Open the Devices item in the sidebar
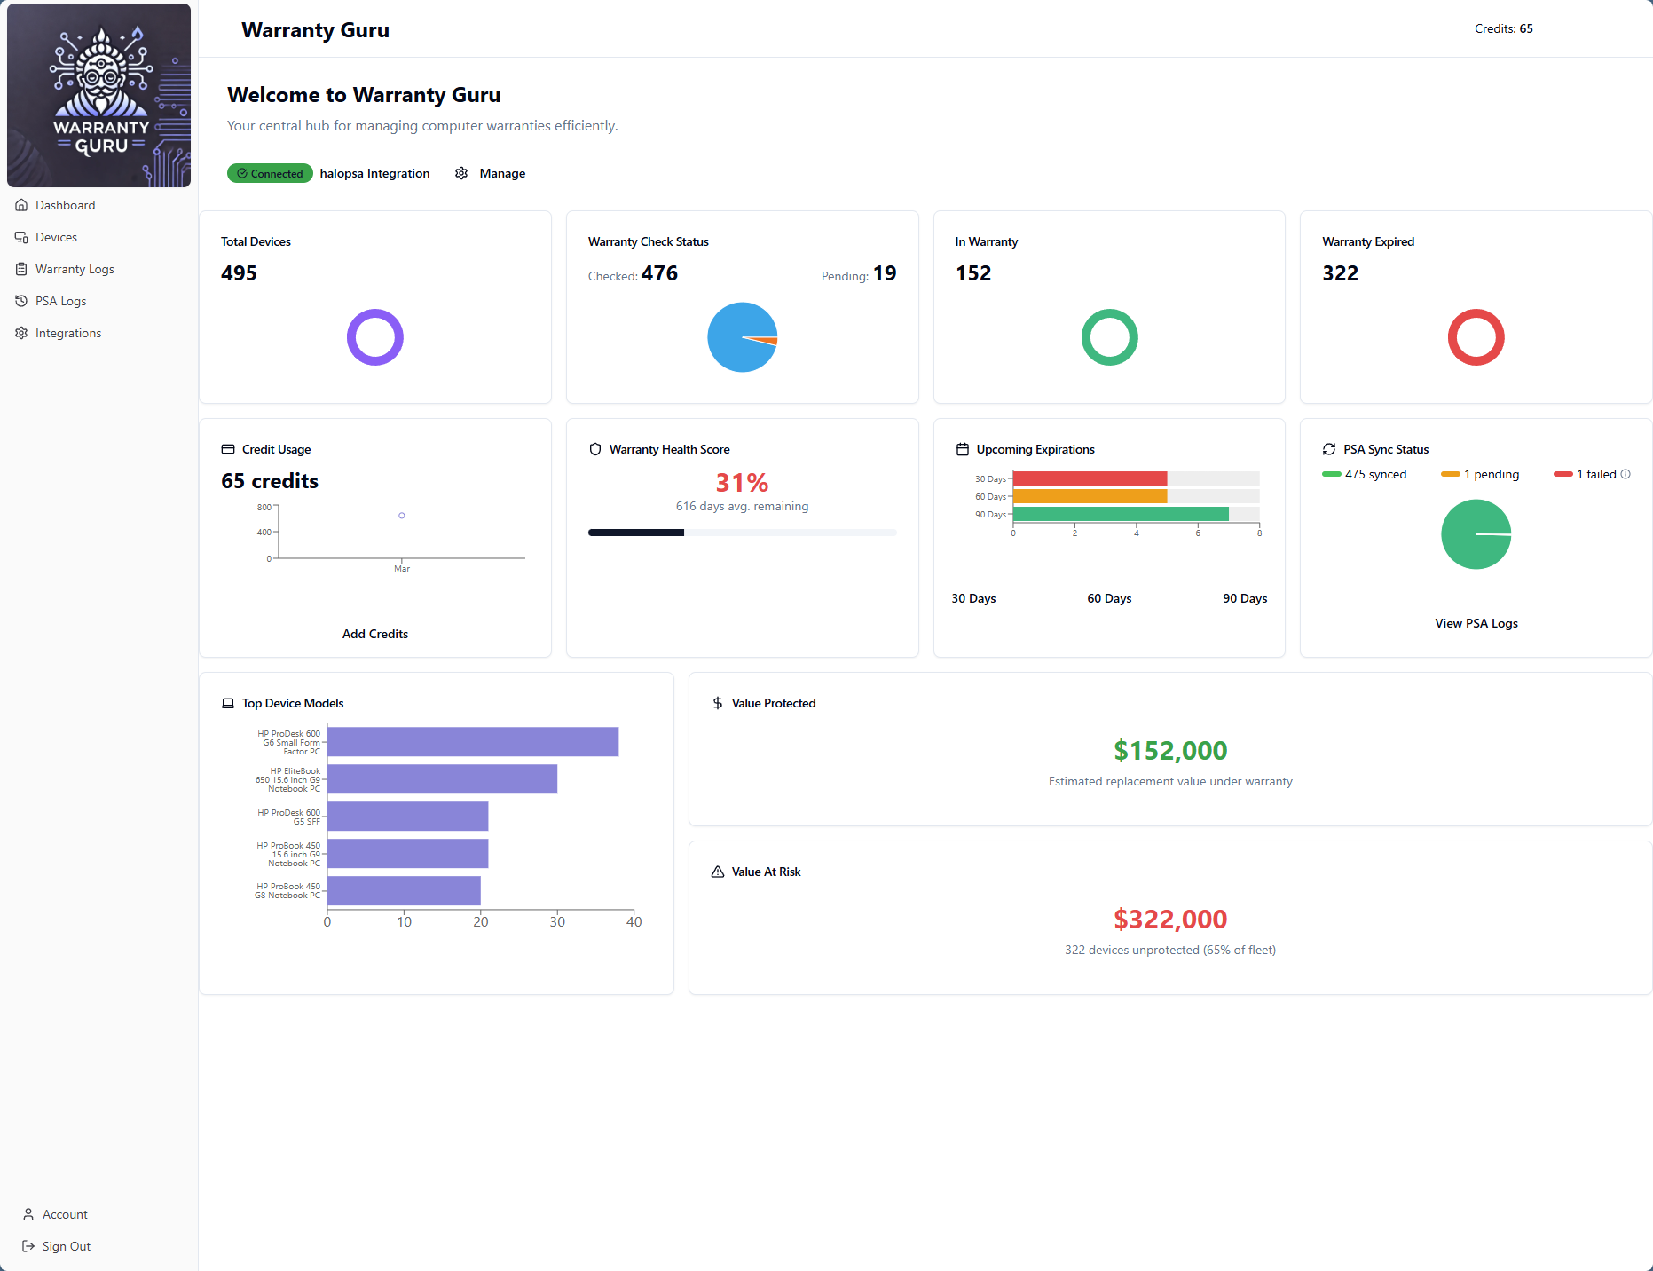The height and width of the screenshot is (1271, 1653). click(56, 237)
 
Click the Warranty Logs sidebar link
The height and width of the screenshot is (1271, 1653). click(75, 269)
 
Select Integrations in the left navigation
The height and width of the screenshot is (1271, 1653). click(67, 333)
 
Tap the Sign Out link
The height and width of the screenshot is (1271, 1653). click(66, 1246)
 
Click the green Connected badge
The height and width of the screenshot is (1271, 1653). click(270, 173)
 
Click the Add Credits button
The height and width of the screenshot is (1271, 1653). click(375, 634)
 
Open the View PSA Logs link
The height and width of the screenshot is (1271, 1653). click(1476, 623)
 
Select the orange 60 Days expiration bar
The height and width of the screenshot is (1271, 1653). click(1090, 496)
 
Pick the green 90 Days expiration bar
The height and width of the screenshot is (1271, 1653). click(1120, 514)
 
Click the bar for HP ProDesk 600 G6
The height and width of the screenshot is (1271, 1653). click(472, 742)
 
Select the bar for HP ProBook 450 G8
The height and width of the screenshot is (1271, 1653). click(404, 890)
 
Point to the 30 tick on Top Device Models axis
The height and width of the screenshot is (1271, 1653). click(557, 921)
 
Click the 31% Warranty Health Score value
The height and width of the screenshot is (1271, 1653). click(742, 483)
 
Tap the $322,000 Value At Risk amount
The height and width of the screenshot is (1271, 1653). click(1170, 919)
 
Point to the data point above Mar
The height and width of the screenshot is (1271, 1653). click(402, 516)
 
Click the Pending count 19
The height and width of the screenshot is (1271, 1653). click(884, 273)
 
